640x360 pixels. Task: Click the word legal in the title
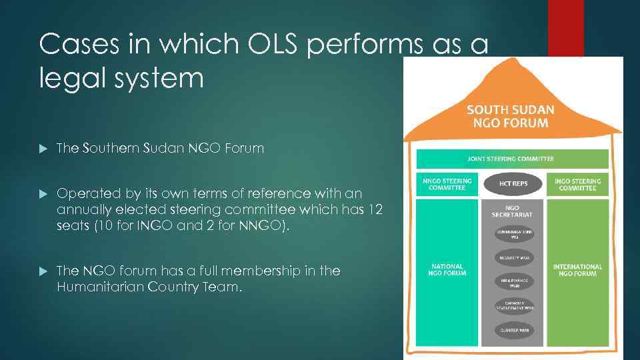[66, 77]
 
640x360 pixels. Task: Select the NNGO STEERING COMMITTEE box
[447, 185]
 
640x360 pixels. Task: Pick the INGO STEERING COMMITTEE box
[577, 185]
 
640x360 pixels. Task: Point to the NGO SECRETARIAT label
[512, 211]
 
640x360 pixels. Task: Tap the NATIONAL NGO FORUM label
[447, 270]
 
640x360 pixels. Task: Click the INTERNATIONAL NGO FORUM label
[577, 270]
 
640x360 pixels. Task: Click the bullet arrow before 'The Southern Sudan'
[44, 149]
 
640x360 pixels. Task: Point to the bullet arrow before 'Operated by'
[44, 194]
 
